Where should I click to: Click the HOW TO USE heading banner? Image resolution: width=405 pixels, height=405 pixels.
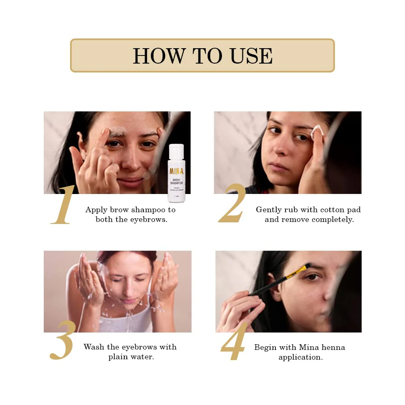tap(202, 55)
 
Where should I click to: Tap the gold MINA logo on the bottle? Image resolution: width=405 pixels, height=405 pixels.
tap(176, 170)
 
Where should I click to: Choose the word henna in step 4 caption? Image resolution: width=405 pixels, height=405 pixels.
tap(334, 347)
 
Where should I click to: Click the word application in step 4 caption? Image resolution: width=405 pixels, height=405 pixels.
tap(301, 357)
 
